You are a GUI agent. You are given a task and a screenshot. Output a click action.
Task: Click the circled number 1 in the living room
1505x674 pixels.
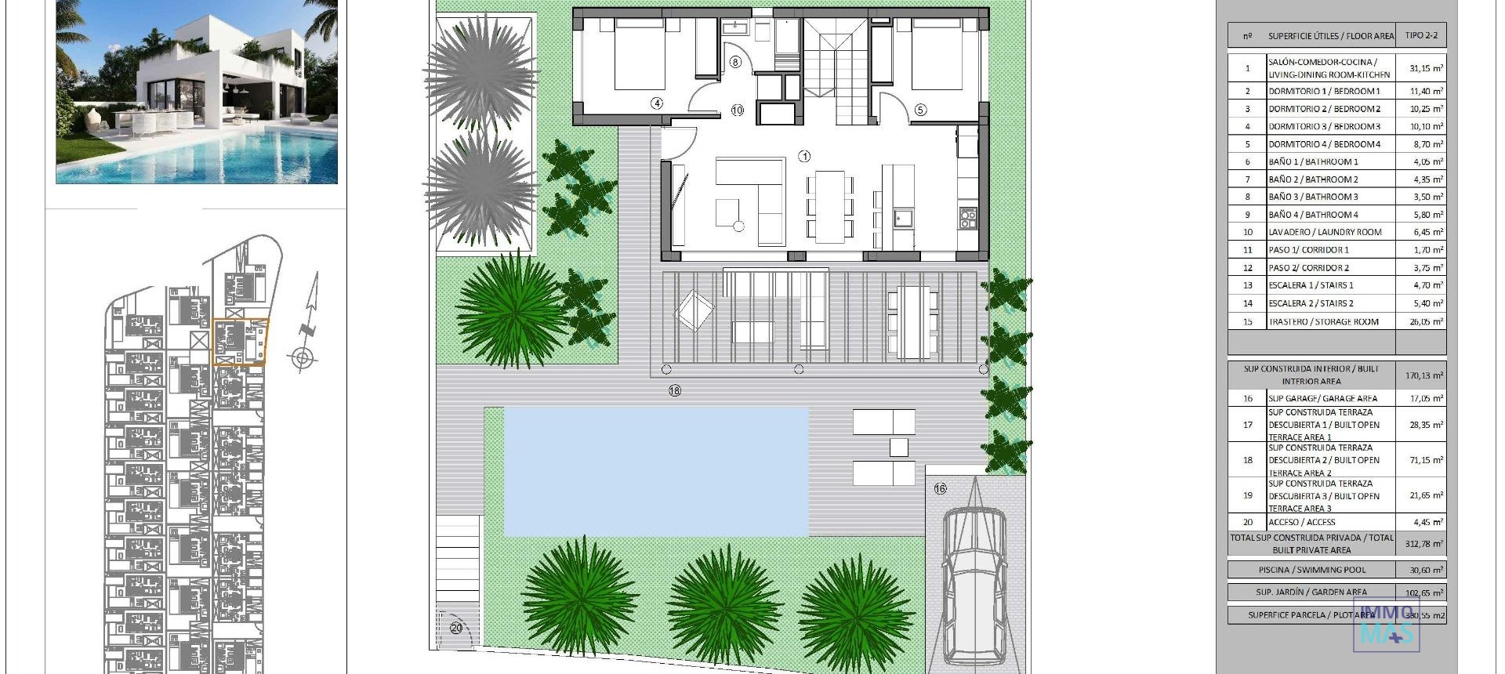coord(804,157)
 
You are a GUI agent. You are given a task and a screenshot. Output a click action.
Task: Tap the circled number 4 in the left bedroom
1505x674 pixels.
coord(657,103)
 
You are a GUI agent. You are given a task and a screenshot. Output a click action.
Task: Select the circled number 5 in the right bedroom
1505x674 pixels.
coord(920,110)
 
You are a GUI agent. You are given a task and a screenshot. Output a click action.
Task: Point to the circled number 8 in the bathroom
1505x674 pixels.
coord(735,62)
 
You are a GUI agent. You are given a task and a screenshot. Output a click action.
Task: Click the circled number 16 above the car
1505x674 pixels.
coord(941,488)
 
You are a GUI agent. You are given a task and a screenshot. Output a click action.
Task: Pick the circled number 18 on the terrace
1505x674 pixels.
coord(675,390)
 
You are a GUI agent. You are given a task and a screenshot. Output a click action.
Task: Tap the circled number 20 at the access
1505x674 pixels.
coord(456,628)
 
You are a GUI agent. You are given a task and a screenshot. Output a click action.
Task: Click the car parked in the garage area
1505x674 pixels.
coord(974,584)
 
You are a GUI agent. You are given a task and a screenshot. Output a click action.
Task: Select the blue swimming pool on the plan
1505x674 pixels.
coord(655,471)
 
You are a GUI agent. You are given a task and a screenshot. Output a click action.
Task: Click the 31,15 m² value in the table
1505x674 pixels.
coord(1426,68)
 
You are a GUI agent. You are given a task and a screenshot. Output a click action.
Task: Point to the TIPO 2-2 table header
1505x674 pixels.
coord(1421,35)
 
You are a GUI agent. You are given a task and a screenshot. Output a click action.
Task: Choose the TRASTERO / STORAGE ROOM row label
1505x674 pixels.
coord(1323,321)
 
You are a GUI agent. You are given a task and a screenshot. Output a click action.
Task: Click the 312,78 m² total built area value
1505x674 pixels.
coord(1423,544)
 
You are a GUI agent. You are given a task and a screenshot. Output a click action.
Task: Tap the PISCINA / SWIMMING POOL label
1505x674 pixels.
coord(1311,570)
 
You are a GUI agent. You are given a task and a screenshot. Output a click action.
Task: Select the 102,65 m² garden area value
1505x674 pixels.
coord(1423,592)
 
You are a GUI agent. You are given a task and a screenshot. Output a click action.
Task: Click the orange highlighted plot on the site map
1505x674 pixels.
coord(240,342)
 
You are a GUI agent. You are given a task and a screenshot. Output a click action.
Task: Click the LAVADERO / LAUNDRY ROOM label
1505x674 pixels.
coord(1325,232)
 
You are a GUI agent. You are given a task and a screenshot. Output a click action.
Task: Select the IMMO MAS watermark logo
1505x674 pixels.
coord(1387,627)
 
